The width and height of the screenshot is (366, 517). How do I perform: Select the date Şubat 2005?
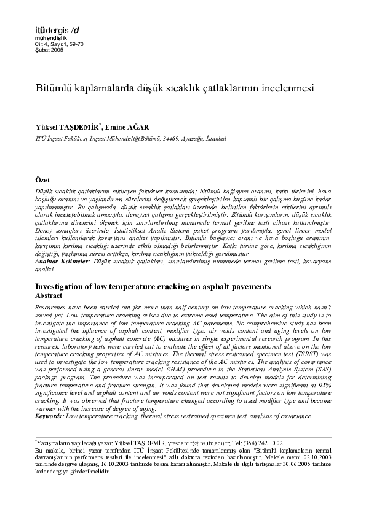(50, 50)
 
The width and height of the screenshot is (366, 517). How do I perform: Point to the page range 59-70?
(75, 44)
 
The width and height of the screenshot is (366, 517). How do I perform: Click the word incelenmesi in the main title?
(285, 88)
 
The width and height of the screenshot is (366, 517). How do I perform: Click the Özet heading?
(43, 180)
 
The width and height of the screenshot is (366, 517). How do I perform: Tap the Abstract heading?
(50, 295)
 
